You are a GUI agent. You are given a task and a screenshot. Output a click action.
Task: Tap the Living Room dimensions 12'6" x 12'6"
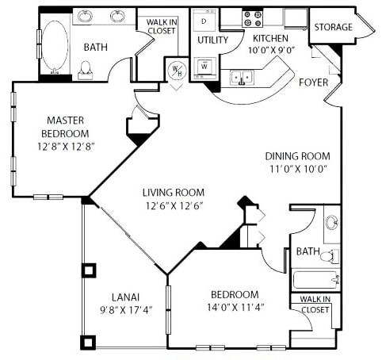tap(173, 206)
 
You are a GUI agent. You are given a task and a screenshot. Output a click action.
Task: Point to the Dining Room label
tap(297, 156)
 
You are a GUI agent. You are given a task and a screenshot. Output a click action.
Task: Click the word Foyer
tap(313, 82)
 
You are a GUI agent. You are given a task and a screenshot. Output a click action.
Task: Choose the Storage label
tap(333, 28)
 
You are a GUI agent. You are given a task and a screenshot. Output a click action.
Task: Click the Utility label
tap(213, 40)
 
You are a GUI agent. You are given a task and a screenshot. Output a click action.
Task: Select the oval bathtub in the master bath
tap(54, 46)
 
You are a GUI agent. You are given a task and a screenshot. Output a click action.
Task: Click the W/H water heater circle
tap(176, 70)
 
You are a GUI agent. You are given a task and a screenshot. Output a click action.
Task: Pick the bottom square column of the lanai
tap(87, 343)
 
